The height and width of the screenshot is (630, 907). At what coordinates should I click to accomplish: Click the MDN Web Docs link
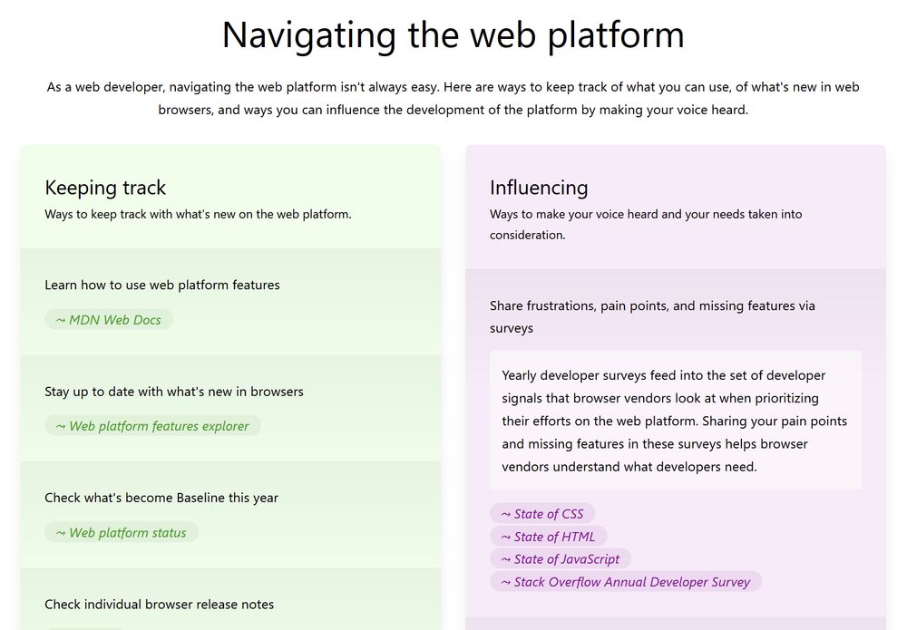(x=109, y=320)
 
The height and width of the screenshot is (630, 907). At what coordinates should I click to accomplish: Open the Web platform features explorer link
(x=152, y=426)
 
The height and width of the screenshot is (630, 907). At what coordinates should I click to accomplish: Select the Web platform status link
(x=122, y=532)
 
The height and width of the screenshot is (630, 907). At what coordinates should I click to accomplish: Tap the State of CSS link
(x=542, y=514)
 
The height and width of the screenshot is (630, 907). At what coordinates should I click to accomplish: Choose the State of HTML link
(x=549, y=537)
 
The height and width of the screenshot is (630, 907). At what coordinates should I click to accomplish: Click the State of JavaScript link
(x=561, y=559)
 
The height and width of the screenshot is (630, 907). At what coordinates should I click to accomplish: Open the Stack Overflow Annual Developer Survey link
(x=626, y=581)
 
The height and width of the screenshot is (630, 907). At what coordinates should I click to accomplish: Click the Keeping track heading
(x=105, y=188)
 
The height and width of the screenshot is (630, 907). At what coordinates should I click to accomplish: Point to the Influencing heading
(x=539, y=188)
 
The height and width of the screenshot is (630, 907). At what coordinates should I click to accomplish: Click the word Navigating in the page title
(x=309, y=35)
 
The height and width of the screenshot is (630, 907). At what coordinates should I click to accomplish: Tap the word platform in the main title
(x=616, y=34)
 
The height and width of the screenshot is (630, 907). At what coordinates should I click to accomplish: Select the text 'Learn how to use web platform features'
(x=162, y=285)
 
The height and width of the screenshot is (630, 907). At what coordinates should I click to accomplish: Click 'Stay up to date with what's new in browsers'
(x=174, y=392)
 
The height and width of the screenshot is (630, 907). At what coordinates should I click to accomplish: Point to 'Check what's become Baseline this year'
(x=161, y=498)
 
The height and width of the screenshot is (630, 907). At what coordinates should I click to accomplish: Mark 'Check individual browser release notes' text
(x=159, y=604)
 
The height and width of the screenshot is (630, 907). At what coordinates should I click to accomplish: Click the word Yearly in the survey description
(x=519, y=375)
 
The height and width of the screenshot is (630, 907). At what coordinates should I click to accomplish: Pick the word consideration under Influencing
(x=528, y=235)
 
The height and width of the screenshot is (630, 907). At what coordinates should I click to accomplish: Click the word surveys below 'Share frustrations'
(x=512, y=328)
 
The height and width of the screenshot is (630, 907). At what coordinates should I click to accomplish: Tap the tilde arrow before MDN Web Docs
(x=61, y=320)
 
